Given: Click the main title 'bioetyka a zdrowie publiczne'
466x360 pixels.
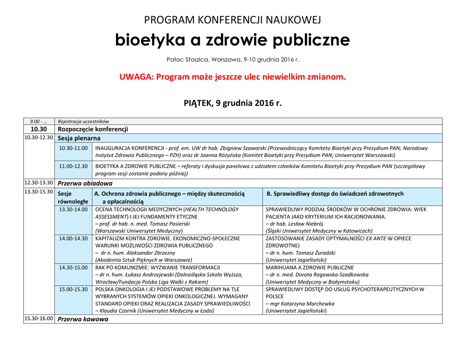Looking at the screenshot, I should [233, 41].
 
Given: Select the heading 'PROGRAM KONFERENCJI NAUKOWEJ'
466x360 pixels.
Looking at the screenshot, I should [233, 20].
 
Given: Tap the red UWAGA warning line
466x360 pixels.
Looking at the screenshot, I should [233, 76].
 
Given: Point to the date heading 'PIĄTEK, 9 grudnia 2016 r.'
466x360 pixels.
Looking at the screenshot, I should [233, 103].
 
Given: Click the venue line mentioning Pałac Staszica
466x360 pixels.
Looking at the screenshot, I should [233, 60].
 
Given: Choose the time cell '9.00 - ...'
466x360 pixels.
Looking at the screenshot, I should [39, 122].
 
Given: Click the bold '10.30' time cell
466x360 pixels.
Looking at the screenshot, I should [39, 129].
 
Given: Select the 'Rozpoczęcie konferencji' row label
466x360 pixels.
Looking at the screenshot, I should [93, 129].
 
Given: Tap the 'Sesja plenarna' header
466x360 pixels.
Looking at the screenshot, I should [79, 138].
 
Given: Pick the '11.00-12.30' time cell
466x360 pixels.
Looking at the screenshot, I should [73, 166].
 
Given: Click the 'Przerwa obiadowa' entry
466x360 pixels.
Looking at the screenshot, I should [85, 183].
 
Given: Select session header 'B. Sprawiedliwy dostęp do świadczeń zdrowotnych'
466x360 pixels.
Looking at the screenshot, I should [335, 194].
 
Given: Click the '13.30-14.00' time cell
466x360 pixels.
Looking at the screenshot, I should [73, 209].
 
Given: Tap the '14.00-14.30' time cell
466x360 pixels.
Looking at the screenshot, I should [73, 238].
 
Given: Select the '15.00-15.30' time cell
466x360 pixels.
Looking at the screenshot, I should [73, 289].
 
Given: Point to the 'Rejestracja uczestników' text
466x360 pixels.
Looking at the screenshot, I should [83, 122].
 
